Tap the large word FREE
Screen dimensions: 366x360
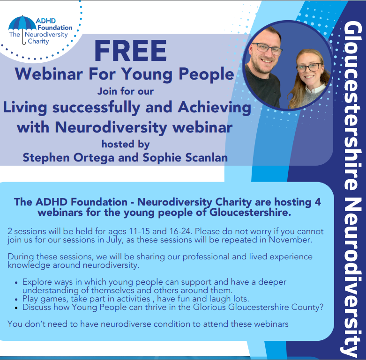130,51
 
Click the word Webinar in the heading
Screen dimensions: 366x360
49,74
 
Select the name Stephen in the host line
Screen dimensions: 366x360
46,158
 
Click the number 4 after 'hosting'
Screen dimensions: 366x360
318,202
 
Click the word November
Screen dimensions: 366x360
291,240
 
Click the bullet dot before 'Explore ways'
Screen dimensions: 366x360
16,282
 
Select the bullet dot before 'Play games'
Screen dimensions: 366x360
16,299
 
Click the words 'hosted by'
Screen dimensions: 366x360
126,144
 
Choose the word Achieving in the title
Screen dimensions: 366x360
214,108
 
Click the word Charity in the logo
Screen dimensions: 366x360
38,41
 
